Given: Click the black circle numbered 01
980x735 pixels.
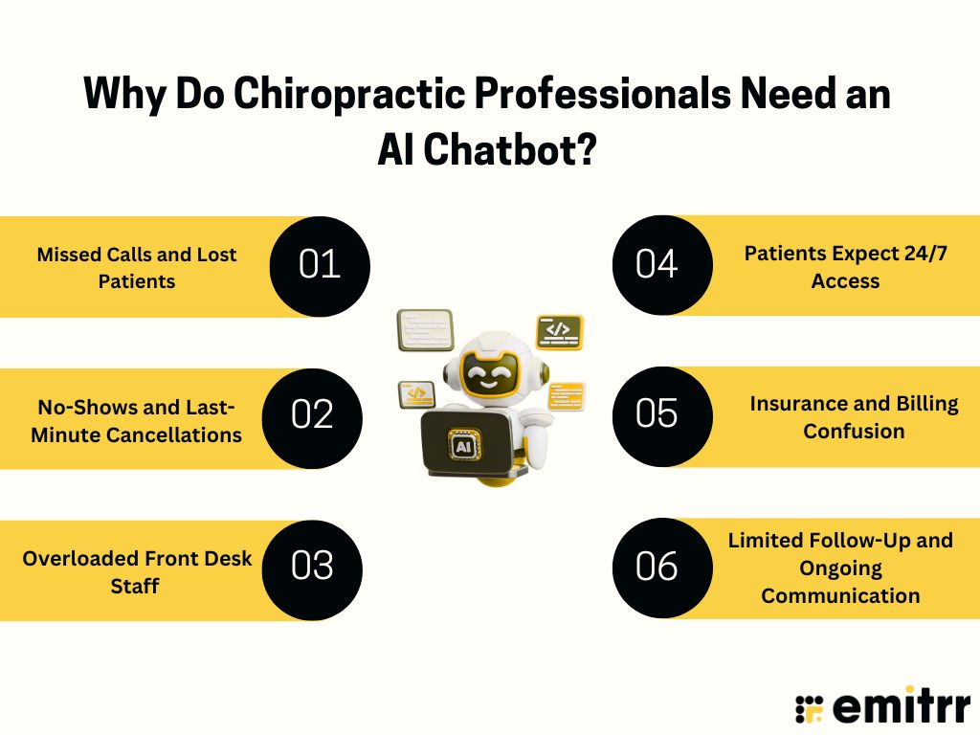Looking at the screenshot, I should click(320, 264).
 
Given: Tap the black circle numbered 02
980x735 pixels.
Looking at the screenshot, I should click(312, 416).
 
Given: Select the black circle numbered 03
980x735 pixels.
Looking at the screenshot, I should click(312, 567).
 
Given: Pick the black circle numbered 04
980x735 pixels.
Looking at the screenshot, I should click(658, 264).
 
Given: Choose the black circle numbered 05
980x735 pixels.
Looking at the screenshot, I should click(658, 414).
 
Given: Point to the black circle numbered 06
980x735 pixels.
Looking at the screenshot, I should click(658, 567).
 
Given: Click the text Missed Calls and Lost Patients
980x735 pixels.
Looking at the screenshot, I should click(137, 268).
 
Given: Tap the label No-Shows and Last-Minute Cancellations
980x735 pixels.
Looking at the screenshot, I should click(136, 421).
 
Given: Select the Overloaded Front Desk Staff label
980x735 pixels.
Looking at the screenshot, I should click(138, 571).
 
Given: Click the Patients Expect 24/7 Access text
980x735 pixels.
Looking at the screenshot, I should click(845, 267).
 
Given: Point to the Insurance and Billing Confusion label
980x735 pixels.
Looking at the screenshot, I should click(854, 417).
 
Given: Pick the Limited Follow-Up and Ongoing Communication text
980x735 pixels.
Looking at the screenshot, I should click(840, 568).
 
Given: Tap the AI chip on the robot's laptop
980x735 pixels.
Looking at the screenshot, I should click(464, 446).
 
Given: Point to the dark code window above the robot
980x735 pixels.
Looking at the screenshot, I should click(559, 330).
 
